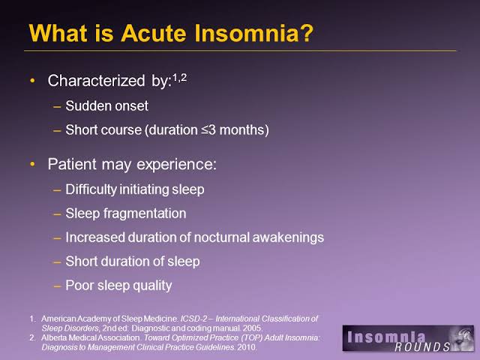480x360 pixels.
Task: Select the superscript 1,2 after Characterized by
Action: [180, 78]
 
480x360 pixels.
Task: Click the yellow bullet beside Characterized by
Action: [32, 81]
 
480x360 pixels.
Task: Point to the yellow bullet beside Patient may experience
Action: [32, 164]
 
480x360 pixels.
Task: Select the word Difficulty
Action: [91, 190]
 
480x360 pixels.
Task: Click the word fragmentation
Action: [145, 213]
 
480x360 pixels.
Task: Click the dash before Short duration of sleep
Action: [57, 262]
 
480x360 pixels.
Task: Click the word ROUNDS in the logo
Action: [422, 346]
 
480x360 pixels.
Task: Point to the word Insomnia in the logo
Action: [386, 337]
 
